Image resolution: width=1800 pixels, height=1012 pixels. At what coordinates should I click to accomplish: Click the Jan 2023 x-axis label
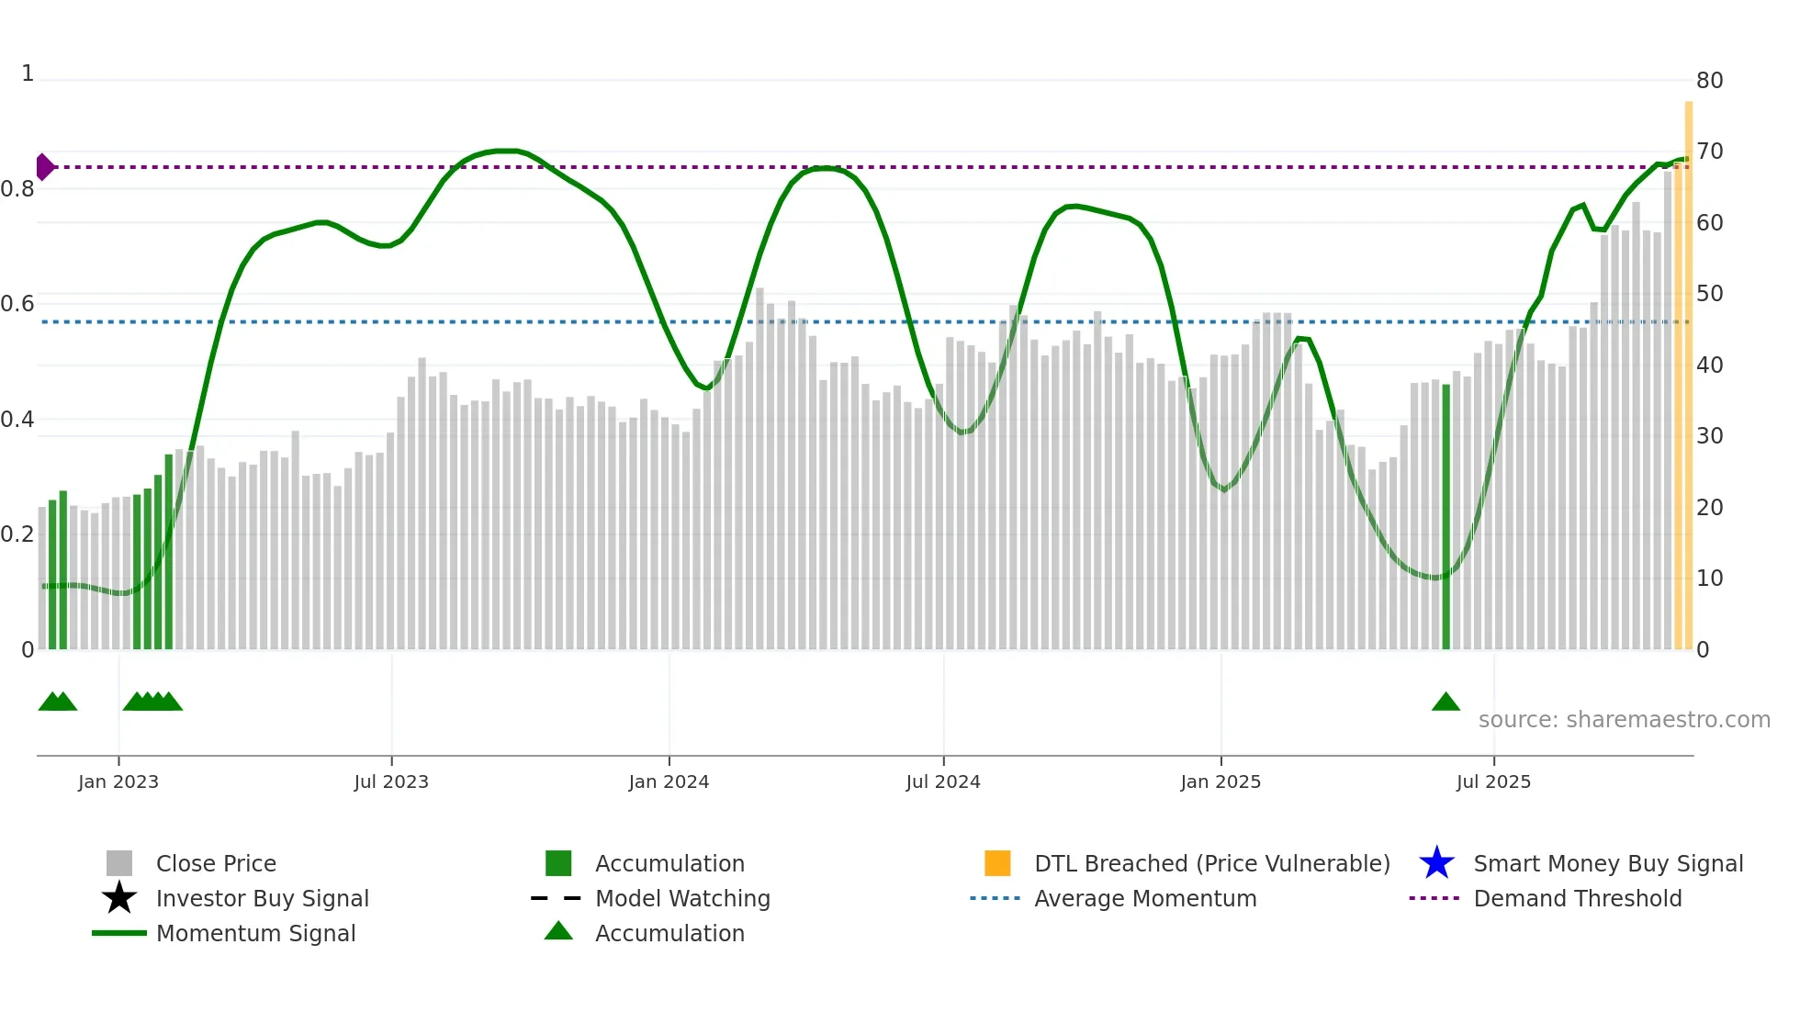[118, 781]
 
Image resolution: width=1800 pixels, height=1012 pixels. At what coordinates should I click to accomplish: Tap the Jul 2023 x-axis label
[391, 781]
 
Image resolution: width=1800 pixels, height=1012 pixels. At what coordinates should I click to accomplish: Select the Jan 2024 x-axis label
[669, 781]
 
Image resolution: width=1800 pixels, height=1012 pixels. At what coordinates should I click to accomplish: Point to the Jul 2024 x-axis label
[943, 781]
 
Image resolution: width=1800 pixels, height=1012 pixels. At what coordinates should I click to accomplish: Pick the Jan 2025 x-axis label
[1221, 781]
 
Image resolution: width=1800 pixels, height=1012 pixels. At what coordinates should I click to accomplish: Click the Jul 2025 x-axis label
[1493, 781]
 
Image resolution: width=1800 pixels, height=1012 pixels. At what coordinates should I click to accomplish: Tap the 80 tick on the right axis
[1709, 81]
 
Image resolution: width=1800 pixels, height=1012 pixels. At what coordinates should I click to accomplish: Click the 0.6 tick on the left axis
[17, 304]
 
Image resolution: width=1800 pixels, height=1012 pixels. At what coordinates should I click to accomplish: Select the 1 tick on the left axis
[28, 73]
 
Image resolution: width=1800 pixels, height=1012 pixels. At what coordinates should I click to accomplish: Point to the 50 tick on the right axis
[1709, 294]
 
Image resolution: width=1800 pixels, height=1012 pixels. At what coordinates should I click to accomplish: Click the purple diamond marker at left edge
[44, 167]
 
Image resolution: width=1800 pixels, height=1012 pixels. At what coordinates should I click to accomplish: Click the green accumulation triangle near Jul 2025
[1446, 703]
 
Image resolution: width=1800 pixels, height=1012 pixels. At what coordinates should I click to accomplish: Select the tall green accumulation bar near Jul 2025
[1446, 514]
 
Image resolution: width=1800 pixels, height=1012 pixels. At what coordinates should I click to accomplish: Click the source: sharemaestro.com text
[1624, 720]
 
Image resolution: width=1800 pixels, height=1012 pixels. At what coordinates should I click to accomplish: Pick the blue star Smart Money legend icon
[1436, 863]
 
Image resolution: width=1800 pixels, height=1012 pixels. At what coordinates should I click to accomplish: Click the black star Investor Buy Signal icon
[119, 898]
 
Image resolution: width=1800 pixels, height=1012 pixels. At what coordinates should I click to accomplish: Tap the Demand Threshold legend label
[1577, 898]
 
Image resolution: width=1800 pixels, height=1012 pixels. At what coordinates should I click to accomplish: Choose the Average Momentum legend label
[1145, 898]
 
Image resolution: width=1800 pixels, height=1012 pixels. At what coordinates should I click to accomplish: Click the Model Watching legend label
[682, 898]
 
